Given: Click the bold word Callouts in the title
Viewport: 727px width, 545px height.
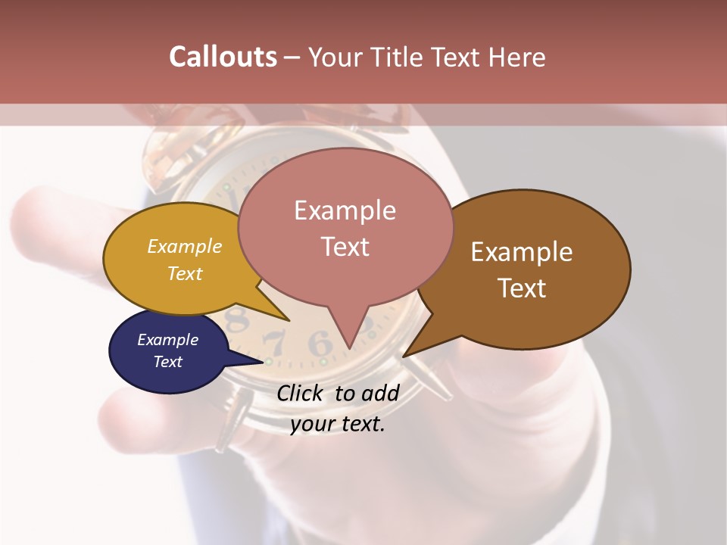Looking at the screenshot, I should pos(223,57).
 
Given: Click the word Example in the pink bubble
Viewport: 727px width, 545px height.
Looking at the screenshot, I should pos(345,210).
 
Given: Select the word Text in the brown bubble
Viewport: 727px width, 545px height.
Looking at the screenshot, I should pos(521,288).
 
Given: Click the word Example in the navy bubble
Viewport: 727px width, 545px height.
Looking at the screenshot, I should pos(167,340).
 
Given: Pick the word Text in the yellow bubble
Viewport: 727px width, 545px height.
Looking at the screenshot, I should pos(185,274).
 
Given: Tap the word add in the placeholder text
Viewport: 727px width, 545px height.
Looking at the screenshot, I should pos(380,393).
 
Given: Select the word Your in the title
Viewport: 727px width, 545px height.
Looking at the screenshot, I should pos(335,57).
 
